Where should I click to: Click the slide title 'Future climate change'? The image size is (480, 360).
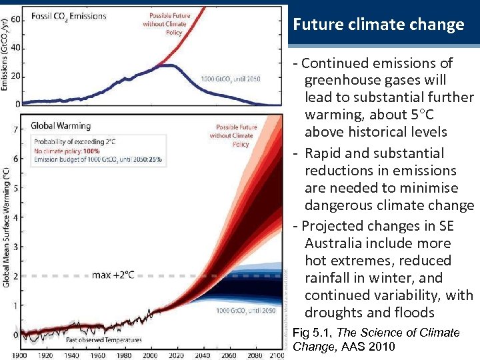point(379,25)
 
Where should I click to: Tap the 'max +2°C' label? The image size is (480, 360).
point(113,275)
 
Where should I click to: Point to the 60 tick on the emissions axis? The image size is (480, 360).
point(15,19)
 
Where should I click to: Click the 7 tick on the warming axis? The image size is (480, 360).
point(15,129)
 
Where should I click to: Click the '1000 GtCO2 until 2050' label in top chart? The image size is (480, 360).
point(231,79)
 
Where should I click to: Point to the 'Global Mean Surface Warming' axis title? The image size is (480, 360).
point(6,227)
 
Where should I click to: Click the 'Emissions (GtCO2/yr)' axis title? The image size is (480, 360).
point(5,53)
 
